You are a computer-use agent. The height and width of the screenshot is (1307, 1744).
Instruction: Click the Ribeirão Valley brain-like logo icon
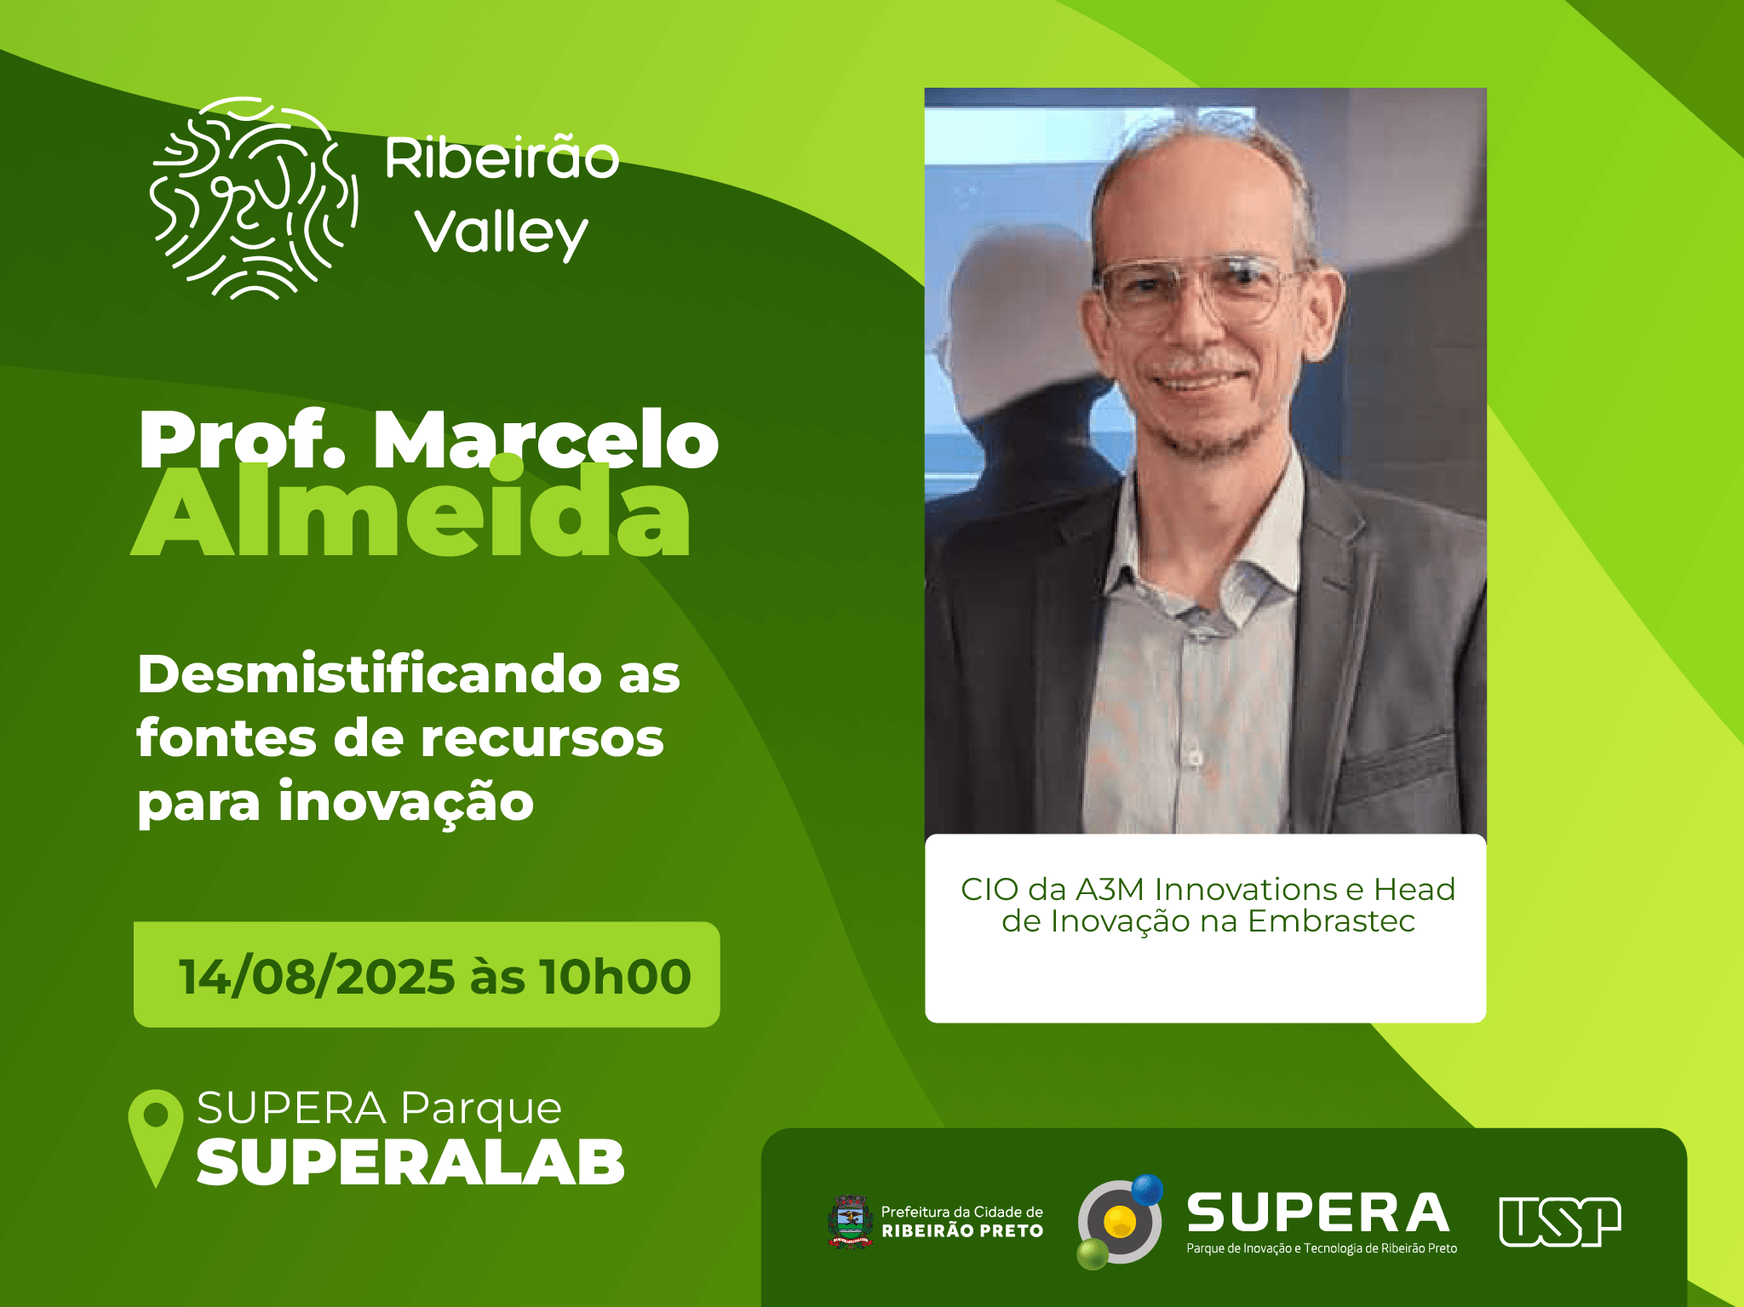click(254, 198)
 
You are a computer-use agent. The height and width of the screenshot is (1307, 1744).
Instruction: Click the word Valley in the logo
click(502, 232)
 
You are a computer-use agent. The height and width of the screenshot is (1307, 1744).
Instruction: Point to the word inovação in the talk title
click(406, 803)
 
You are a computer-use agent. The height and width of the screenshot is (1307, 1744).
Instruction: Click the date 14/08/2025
click(317, 976)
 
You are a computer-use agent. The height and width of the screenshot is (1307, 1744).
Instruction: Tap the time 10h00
click(615, 976)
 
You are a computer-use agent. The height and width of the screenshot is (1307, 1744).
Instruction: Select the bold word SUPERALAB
click(410, 1163)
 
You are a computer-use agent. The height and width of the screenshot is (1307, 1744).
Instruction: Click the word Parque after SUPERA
click(481, 1109)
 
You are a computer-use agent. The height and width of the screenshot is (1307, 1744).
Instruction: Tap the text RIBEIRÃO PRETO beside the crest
click(962, 1231)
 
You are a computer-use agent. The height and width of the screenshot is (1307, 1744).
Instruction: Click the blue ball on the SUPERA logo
click(1147, 1189)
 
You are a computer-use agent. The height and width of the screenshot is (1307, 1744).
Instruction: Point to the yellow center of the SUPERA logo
click(1120, 1222)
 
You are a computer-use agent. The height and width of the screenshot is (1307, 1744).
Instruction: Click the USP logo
click(1560, 1222)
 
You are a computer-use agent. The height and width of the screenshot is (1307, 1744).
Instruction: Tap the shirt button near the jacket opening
click(1196, 758)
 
